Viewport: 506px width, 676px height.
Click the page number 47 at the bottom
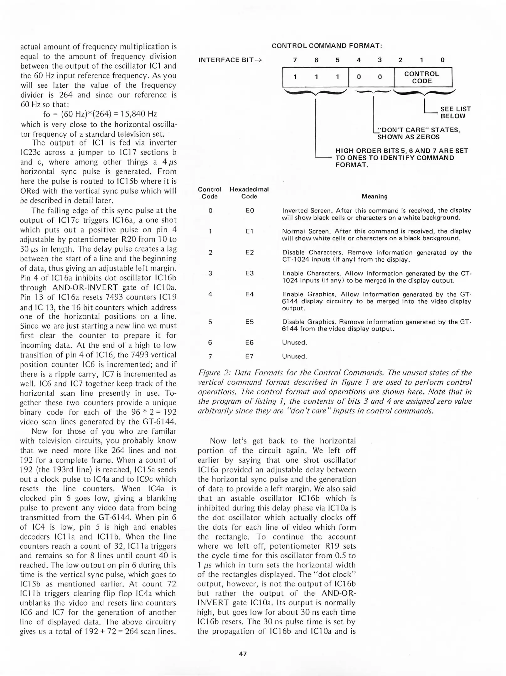[x=243, y=654]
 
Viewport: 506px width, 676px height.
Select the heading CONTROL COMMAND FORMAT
[x=327, y=46]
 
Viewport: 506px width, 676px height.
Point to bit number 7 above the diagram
[x=295, y=60]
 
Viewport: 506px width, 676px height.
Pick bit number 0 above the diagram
[x=442, y=60]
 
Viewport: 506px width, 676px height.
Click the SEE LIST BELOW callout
[x=455, y=112]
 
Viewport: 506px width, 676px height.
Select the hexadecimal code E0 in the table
[x=250, y=211]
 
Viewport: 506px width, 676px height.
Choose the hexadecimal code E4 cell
[x=250, y=294]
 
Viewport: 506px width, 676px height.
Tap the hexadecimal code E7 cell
[x=250, y=356]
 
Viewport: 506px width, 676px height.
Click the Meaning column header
[x=374, y=196]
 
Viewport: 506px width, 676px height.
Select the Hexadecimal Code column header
[x=249, y=193]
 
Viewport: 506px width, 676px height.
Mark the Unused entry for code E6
[x=294, y=342]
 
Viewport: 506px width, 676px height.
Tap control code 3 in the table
[x=210, y=273]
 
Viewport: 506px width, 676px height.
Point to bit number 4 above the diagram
[x=359, y=60]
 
